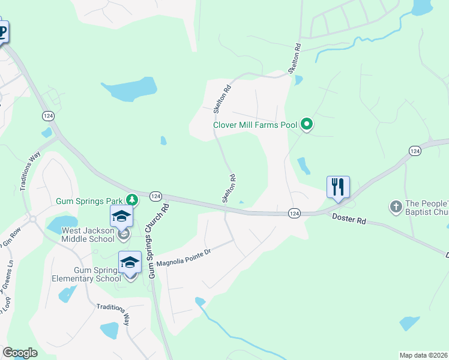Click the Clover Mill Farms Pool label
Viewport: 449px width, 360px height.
click(x=255, y=125)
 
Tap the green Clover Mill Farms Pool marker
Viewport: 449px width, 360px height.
click(x=307, y=125)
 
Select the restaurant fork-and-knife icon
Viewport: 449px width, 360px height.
click(x=338, y=187)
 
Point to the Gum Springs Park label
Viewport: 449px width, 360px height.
click(x=90, y=201)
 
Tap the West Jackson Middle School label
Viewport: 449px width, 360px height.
click(x=88, y=235)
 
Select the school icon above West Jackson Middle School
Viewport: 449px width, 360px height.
click(x=121, y=216)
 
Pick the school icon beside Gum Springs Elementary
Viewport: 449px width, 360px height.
click(x=130, y=262)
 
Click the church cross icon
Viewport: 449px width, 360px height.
click(x=395, y=207)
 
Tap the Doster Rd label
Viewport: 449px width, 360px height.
click(x=349, y=220)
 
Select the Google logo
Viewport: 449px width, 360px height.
click(x=20, y=353)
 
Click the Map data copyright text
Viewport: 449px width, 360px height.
click(x=423, y=355)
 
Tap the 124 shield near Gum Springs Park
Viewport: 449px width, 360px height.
click(x=155, y=196)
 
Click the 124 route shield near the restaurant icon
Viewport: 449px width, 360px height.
click(x=294, y=213)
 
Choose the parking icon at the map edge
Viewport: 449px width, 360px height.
click(x=2, y=32)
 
